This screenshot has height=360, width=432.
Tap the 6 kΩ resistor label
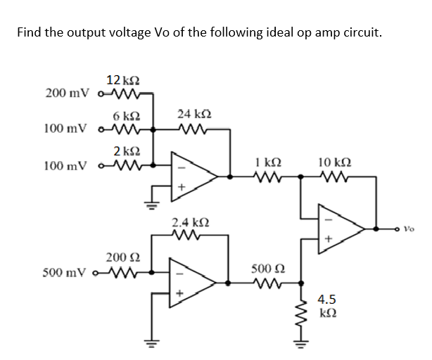(x=121, y=115)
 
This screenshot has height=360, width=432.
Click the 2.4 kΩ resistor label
(x=189, y=223)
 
